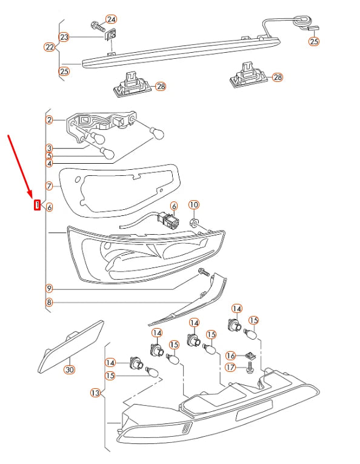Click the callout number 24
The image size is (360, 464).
pyautogui.click(x=111, y=19)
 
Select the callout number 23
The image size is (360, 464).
pyautogui.click(x=64, y=37)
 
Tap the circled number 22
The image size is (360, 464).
pyautogui.click(x=50, y=47)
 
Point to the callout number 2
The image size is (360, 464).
pyautogui.click(x=49, y=120)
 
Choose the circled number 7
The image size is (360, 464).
pyautogui.click(x=49, y=186)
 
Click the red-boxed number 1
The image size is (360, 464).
pyautogui.click(x=37, y=205)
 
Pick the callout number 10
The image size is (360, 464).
pyautogui.click(x=194, y=205)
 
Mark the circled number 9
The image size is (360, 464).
pyautogui.click(x=49, y=288)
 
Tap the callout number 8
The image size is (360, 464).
pyautogui.click(x=49, y=303)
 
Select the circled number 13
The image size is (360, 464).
pyautogui.click(x=95, y=393)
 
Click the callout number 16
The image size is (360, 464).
pyautogui.click(x=230, y=355)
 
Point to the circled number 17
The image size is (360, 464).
pyautogui.click(x=230, y=368)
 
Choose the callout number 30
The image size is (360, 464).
pyautogui.click(x=70, y=369)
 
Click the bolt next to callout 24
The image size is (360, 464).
pyautogui.click(x=98, y=27)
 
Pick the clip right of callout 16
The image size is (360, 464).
pyautogui.click(x=251, y=355)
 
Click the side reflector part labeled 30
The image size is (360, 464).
pyautogui.click(x=71, y=346)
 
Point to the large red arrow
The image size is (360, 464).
pyautogui.click(x=20, y=166)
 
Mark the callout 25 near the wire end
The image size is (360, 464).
pyautogui.click(x=314, y=41)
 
